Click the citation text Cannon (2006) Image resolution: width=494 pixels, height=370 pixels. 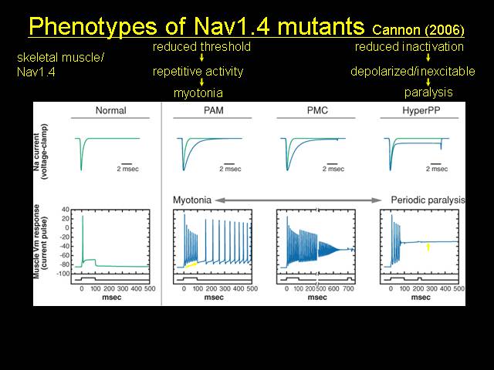coord(418,30)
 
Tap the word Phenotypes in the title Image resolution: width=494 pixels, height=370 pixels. coord(93,26)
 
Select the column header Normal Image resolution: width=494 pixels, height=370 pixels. coord(111,110)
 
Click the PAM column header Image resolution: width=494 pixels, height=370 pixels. coord(214,110)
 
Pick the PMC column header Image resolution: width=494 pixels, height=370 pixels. coord(317,110)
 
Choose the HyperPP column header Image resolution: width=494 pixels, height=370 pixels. coord(421,111)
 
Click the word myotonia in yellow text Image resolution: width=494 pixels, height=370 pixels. coord(198,93)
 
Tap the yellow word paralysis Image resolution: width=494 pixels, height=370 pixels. coord(428,92)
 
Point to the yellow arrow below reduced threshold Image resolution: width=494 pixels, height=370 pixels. coord(201,58)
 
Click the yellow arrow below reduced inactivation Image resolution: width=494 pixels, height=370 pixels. coord(428,58)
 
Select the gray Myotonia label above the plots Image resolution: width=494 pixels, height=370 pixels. coord(192,200)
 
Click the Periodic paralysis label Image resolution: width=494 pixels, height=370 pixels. coord(428,200)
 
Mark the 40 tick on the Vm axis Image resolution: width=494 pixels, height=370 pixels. coord(66,210)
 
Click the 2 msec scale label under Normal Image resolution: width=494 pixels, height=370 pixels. coord(127,169)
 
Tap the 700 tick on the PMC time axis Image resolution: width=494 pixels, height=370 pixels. coord(348,288)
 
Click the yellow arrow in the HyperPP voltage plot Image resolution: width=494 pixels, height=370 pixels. coord(428,247)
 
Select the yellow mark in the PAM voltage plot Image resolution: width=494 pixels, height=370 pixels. coord(191,265)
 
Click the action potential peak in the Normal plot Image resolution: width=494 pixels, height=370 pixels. coord(83,216)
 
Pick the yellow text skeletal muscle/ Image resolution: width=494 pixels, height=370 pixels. coord(60,58)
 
